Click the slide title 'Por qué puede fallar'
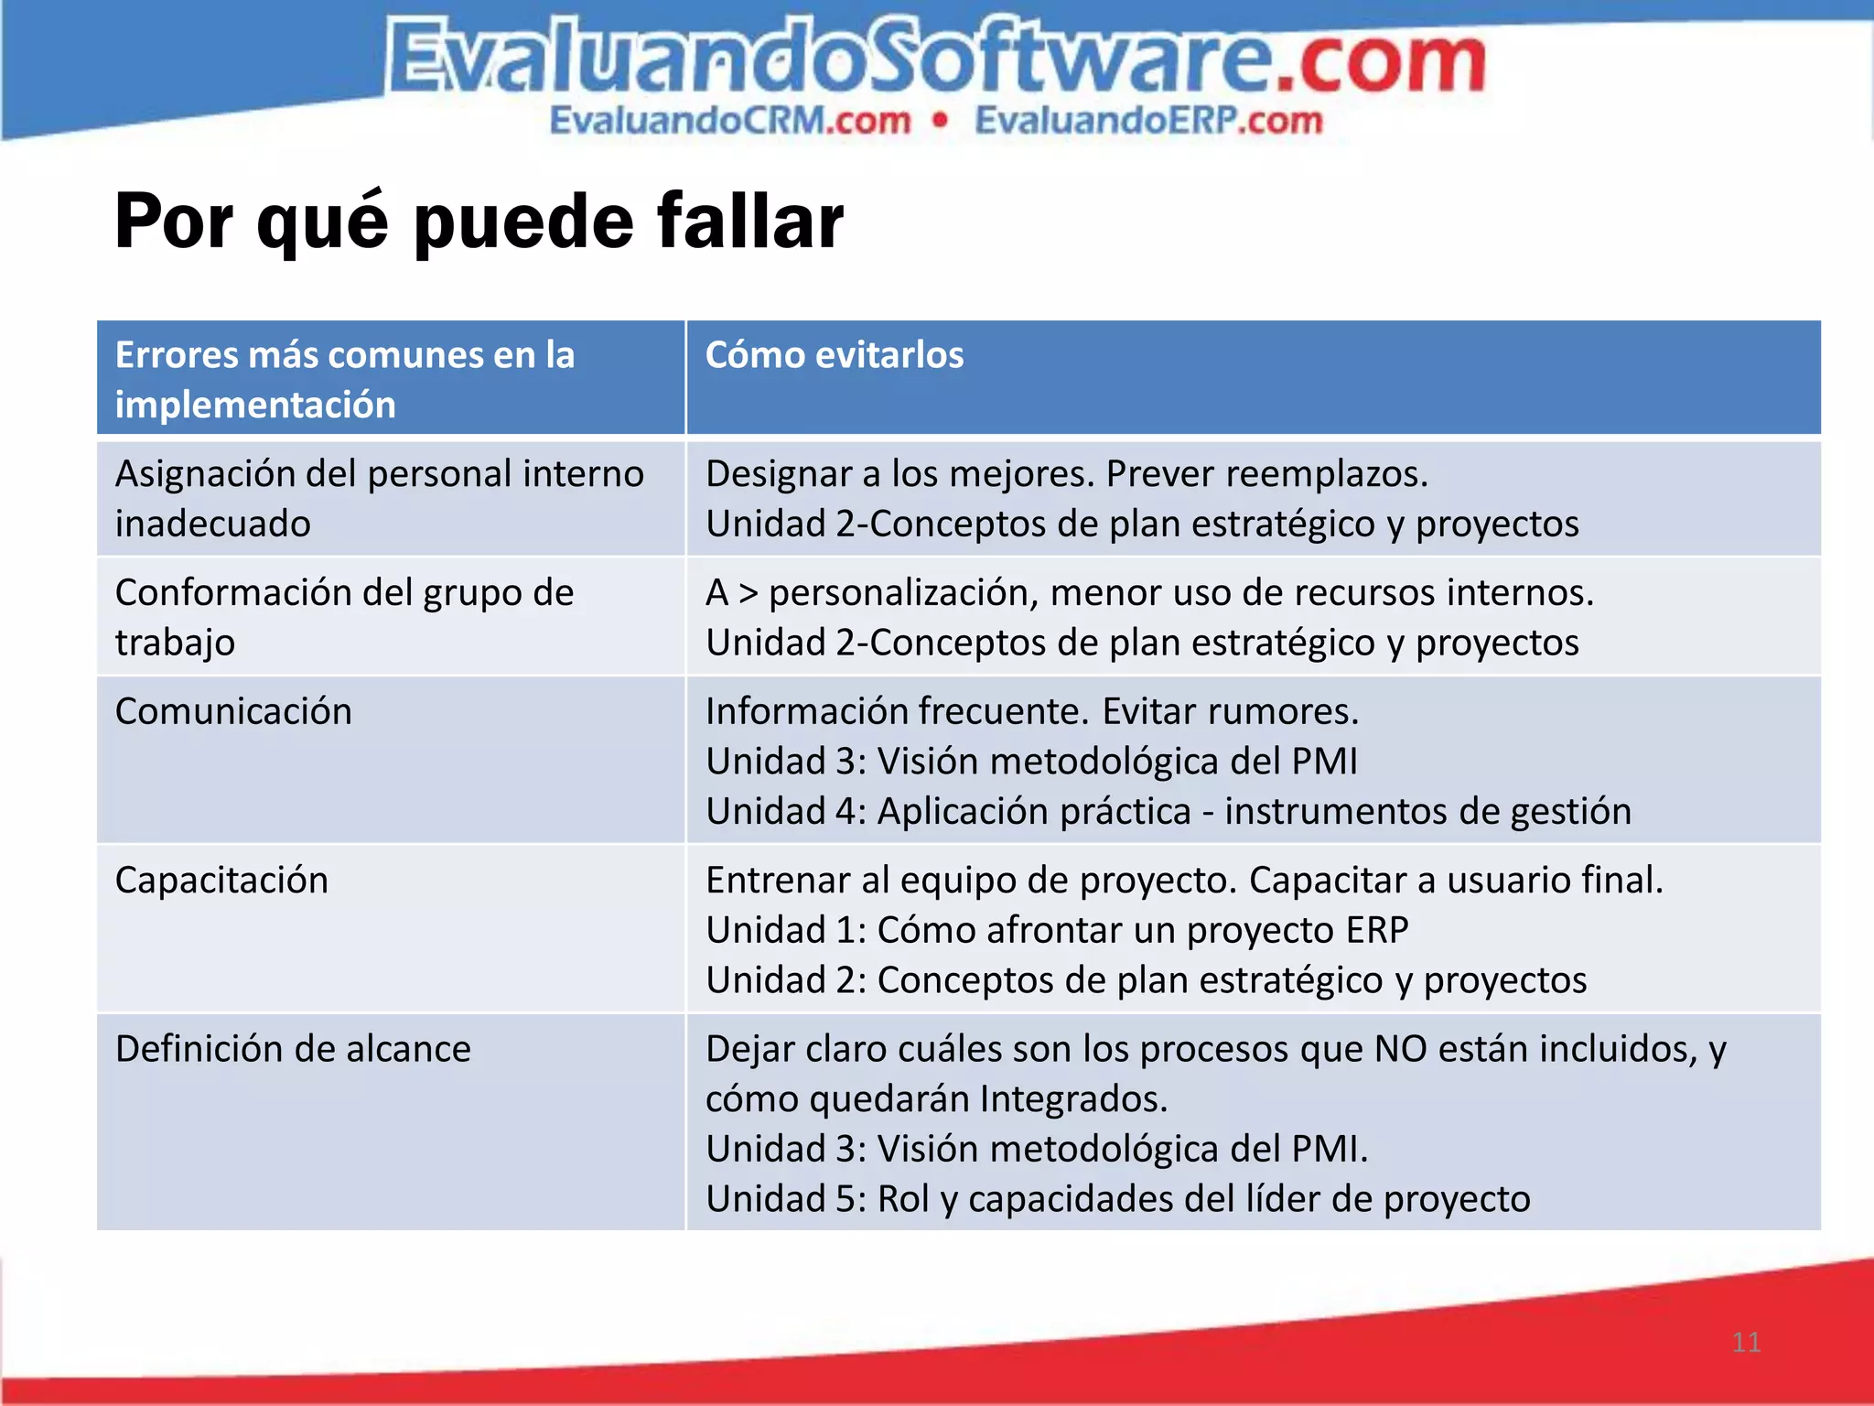click(479, 222)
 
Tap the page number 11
click(1746, 1342)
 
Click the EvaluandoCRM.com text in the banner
click(729, 121)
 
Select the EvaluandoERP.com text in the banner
click(1148, 121)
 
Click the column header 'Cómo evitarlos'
click(834, 355)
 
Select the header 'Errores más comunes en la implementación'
click(344, 379)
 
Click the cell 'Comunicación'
click(233, 711)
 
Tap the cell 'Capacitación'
click(221, 880)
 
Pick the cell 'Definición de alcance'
click(293, 1048)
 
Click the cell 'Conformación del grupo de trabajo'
click(344, 617)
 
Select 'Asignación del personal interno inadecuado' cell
click(379, 498)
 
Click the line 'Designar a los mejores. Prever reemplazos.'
click(1066, 474)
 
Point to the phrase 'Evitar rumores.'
click(1230, 711)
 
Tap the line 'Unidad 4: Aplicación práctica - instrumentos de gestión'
click(1168, 811)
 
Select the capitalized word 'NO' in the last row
click(1400, 1048)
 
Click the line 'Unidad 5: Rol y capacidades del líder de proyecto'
click(1117, 1198)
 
